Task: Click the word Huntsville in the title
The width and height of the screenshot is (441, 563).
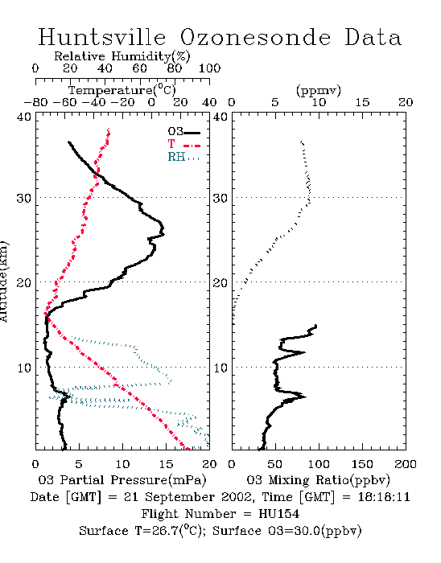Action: [102, 37]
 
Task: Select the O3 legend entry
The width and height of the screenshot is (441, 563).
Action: [183, 132]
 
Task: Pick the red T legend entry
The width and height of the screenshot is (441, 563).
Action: [183, 144]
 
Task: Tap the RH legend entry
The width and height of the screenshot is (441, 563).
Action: [183, 157]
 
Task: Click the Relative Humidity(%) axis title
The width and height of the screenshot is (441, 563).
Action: [122, 56]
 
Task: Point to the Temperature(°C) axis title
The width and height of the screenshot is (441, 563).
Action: [122, 90]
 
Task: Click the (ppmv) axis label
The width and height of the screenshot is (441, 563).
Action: [319, 90]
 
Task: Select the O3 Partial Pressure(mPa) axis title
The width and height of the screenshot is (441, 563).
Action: [122, 480]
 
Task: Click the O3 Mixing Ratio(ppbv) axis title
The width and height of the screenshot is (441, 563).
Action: [318, 480]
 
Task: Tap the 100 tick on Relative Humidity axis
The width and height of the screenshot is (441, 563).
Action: [209, 68]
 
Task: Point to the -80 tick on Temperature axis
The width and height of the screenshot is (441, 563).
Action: [35, 102]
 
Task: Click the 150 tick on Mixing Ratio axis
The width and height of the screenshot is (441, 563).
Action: [362, 464]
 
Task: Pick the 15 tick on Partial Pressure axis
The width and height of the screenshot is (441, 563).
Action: [166, 464]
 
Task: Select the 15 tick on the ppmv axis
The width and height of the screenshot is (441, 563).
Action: [362, 102]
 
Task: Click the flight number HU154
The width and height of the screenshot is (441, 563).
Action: [278, 514]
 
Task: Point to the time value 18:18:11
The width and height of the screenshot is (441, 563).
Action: [384, 497]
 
